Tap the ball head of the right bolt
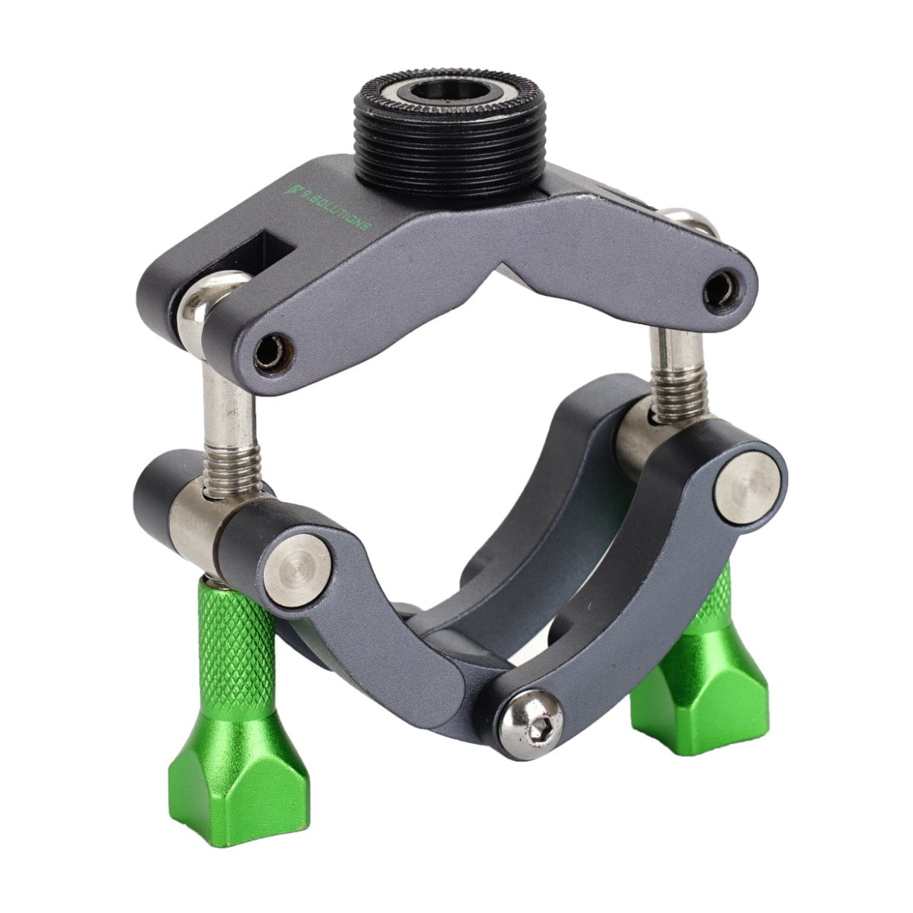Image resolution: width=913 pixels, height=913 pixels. click(x=691, y=223)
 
